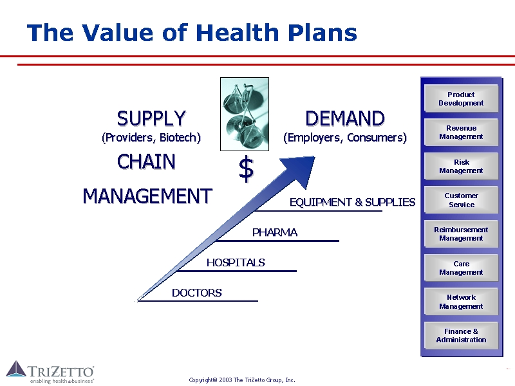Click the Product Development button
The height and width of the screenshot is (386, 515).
click(461, 98)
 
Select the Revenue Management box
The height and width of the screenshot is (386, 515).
click(461, 133)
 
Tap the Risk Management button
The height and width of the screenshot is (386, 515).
click(461, 166)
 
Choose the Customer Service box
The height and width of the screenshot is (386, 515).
click(461, 200)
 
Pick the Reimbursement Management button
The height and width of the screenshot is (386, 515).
click(461, 234)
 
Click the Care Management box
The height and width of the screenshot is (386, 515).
click(461, 268)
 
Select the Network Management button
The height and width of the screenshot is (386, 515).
click(461, 302)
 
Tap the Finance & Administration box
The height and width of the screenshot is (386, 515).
click(461, 335)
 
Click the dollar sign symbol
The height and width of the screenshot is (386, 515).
click(246, 169)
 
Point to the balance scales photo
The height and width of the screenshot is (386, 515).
click(245, 115)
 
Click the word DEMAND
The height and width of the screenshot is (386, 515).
click(345, 118)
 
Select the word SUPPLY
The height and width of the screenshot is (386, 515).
click(151, 118)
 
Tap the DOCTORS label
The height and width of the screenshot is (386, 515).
click(197, 293)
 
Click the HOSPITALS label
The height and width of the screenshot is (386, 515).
click(236, 262)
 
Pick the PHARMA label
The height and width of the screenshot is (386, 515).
click(275, 232)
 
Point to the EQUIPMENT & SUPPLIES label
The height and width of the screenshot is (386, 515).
click(352, 202)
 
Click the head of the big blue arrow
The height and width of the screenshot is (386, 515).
click(301, 169)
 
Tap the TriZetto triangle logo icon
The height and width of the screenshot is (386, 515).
click(16, 369)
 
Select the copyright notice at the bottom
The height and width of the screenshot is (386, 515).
click(242, 380)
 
